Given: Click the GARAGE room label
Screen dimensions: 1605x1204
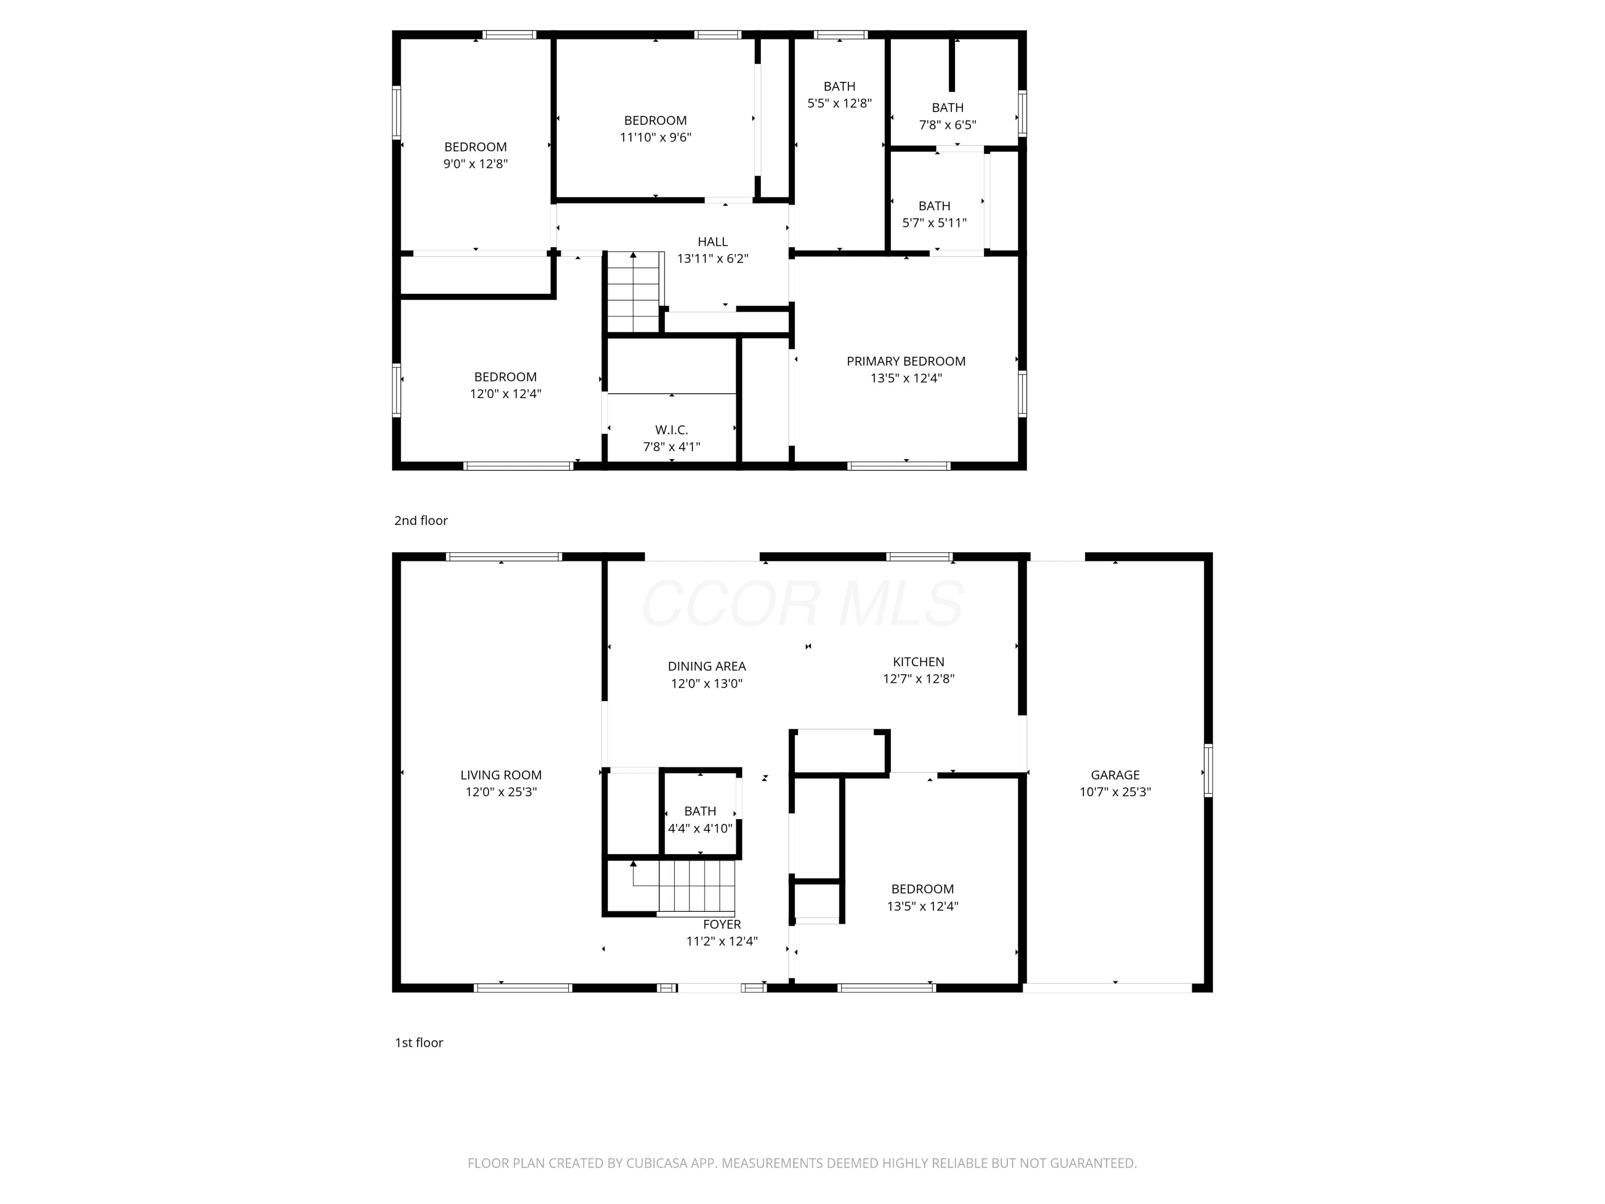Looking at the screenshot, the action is tap(1115, 775).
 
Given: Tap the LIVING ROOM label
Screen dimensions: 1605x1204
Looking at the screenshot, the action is tap(501, 775).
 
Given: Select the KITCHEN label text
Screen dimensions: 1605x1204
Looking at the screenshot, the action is tap(919, 662).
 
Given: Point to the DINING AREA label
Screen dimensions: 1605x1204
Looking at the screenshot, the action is tap(707, 666).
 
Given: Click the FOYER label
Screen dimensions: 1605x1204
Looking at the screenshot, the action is tap(722, 925).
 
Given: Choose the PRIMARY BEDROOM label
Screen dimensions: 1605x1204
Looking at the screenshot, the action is tap(906, 361).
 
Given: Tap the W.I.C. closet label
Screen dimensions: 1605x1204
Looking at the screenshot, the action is tap(671, 430).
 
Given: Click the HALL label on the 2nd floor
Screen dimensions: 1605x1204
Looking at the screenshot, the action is tap(713, 242).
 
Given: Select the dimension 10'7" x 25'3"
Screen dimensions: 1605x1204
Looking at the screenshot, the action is tap(1115, 792).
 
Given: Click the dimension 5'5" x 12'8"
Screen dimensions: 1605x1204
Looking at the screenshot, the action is tap(839, 103).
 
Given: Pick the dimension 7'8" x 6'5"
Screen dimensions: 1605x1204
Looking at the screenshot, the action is tap(947, 125).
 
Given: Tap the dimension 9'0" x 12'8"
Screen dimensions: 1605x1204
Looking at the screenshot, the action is tap(475, 164).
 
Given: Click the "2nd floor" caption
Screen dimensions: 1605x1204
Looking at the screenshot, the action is tap(421, 520).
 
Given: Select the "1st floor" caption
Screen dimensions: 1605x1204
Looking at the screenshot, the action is tap(419, 1043).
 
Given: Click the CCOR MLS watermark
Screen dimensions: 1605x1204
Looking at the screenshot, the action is tap(802, 604).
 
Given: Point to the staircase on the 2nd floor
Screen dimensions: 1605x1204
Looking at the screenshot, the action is tap(633, 292).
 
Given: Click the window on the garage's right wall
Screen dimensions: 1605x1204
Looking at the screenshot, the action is tap(1208, 771).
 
